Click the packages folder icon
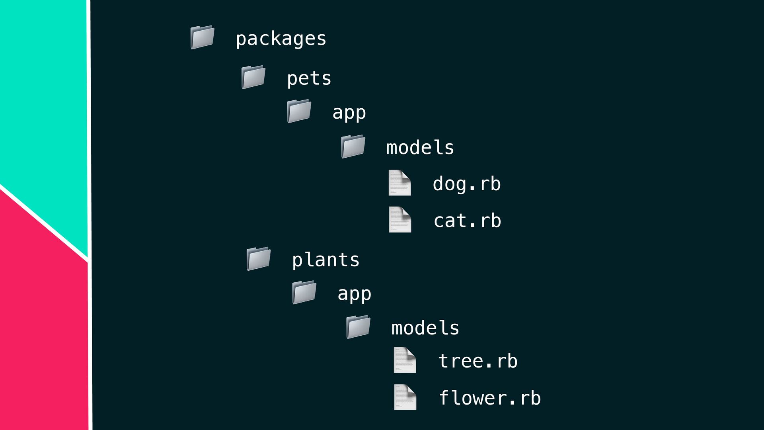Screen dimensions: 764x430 203,37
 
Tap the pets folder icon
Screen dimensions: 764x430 253,77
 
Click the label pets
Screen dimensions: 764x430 309,78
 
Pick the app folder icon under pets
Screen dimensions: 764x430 299,111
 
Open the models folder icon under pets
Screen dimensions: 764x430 353,147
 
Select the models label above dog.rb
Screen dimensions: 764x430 420,147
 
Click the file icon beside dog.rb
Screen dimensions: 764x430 400,183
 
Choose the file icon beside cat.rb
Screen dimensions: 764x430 400,219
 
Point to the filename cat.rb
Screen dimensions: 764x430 468,221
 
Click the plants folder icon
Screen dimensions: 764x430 259,259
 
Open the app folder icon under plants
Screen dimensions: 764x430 304,292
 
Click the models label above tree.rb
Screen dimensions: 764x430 425,328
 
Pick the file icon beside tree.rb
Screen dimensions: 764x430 405,360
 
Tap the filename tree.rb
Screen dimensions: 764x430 478,361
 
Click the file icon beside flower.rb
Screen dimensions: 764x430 405,397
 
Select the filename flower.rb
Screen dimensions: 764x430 490,398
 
